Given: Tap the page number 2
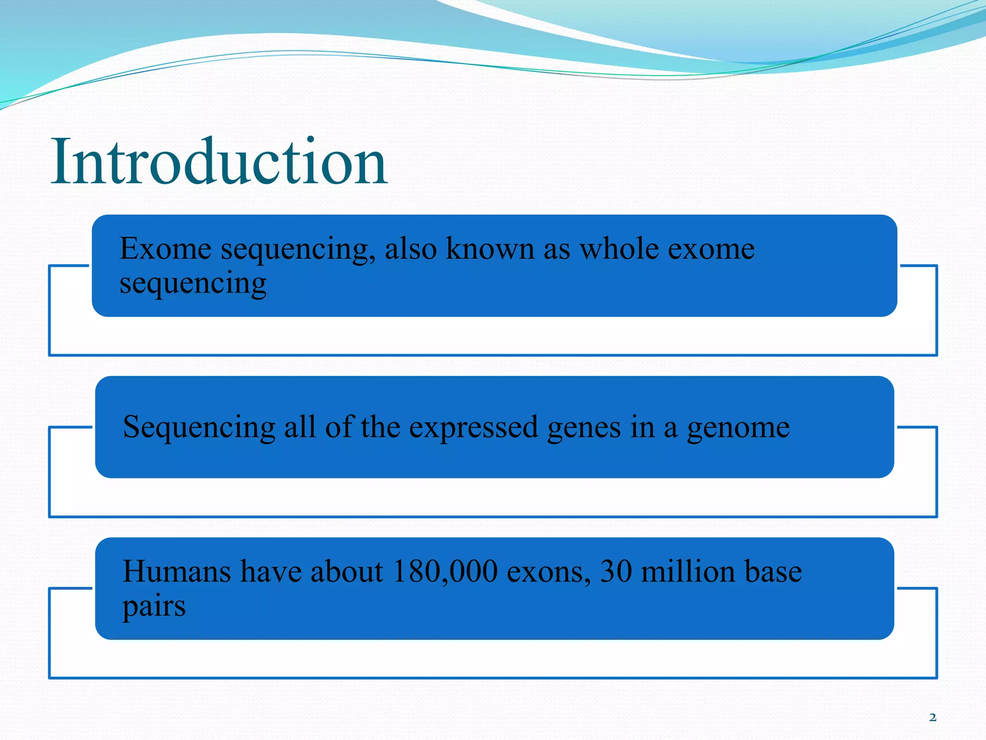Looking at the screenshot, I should click(933, 717).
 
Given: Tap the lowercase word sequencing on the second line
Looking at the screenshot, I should click(193, 284).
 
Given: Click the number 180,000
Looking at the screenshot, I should click(445, 572).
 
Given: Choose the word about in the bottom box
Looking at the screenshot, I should click(347, 571).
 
